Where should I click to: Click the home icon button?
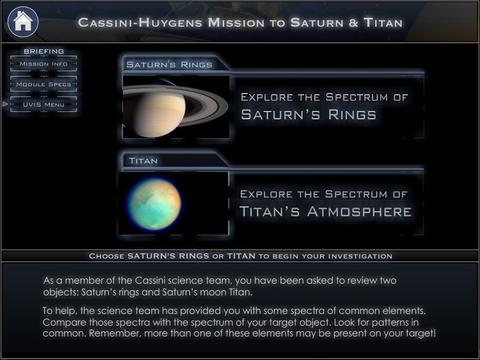[22, 21]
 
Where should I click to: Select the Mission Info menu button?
[44, 64]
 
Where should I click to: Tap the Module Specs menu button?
[44, 84]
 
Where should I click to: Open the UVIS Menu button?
[44, 104]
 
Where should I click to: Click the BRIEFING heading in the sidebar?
[44, 51]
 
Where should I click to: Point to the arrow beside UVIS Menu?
[5, 104]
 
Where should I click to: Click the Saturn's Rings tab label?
[169, 65]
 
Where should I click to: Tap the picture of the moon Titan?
[154, 203]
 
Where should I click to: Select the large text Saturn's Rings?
[308, 115]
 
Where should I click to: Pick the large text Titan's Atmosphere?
[325, 212]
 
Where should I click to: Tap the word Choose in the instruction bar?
[106, 256]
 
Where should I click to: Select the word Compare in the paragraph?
[61, 322]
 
